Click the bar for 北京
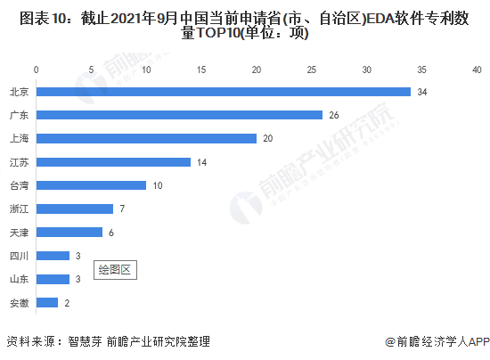pos(224,92)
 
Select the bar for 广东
pos(179,115)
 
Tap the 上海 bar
pos(146,138)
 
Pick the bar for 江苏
pos(113,162)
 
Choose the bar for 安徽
pos(47,302)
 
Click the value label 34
pos(422,92)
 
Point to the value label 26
pos(334,115)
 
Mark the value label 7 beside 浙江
pos(122,209)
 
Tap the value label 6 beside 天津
pos(111,233)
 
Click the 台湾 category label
pos(19,185)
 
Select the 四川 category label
pos(19,256)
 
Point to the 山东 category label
pos(19,279)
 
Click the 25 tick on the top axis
pos(312,70)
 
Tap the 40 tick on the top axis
pos(477,70)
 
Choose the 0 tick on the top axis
pos(37,70)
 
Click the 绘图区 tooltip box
pos(115,270)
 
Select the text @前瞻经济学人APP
pos(437,341)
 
